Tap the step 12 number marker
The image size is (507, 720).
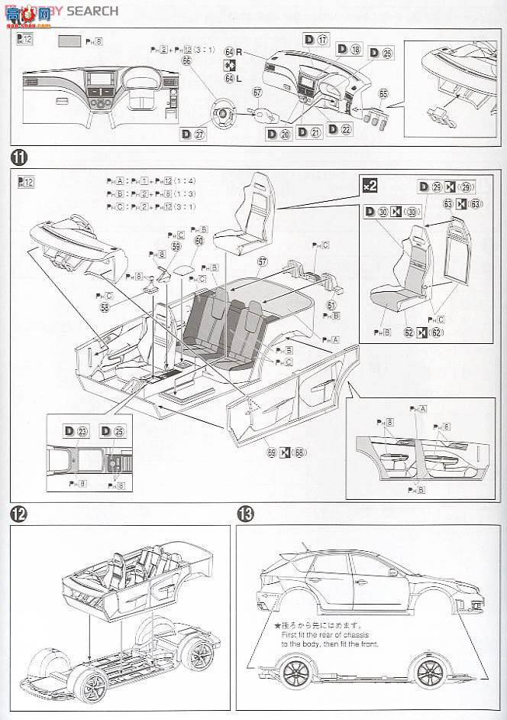click(x=18, y=513)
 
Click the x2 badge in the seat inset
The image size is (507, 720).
click(x=370, y=185)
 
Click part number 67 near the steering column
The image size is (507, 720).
click(x=257, y=92)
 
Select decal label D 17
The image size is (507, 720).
click(x=315, y=40)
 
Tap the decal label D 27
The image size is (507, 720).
click(x=194, y=134)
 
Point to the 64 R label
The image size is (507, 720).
click(x=231, y=51)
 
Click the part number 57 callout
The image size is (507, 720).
click(x=262, y=261)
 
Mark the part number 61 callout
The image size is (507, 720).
click(x=331, y=305)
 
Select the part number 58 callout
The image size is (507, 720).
click(x=103, y=306)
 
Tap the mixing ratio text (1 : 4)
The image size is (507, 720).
click(x=182, y=180)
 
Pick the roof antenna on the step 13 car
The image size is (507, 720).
click(x=305, y=545)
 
